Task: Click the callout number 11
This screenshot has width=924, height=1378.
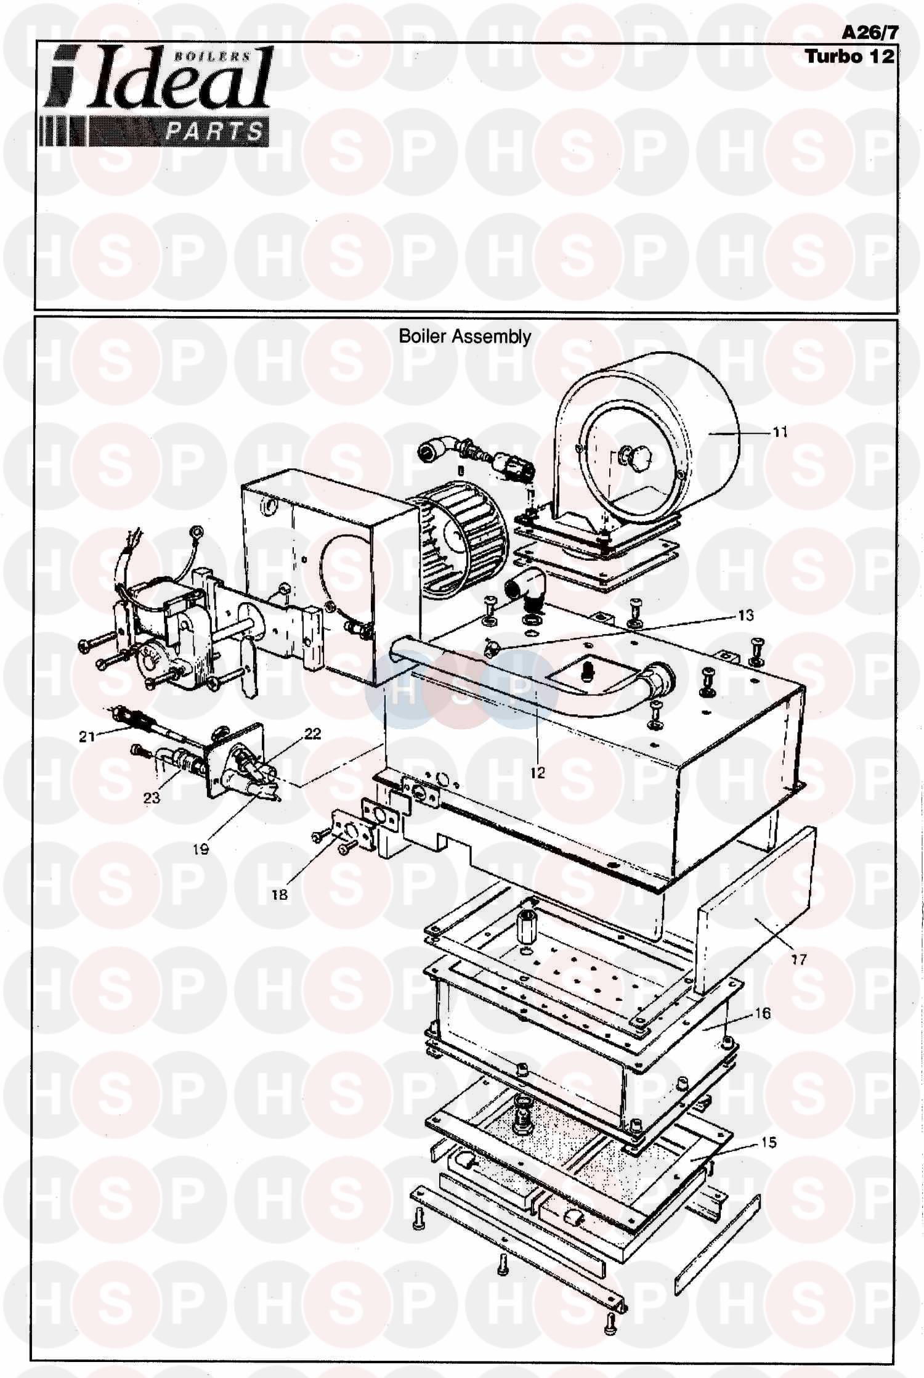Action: click(780, 433)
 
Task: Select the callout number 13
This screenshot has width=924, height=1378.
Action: click(745, 616)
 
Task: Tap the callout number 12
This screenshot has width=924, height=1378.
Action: click(538, 772)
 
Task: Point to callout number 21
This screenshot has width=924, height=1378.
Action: click(87, 736)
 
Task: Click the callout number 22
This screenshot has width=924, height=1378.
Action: click(313, 733)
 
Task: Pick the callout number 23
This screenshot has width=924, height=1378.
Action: click(152, 797)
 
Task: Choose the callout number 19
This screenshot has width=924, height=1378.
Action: click(201, 849)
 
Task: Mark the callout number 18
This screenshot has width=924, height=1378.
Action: click(280, 894)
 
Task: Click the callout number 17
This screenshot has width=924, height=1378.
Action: click(799, 959)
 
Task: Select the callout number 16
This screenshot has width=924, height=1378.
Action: click(763, 1013)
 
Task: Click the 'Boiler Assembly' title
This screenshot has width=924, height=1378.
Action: click(464, 336)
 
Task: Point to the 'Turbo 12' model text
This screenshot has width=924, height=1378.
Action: click(849, 56)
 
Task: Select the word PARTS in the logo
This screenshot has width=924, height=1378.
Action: click(214, 131)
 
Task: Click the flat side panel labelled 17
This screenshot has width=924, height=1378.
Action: click(757, 913)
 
